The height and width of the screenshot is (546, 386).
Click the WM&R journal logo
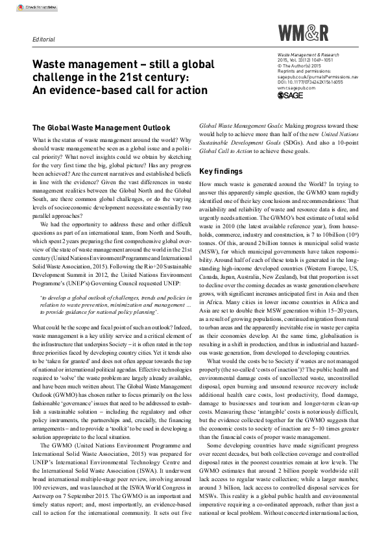coord(303,32)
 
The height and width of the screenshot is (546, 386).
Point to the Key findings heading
coord(221,172)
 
